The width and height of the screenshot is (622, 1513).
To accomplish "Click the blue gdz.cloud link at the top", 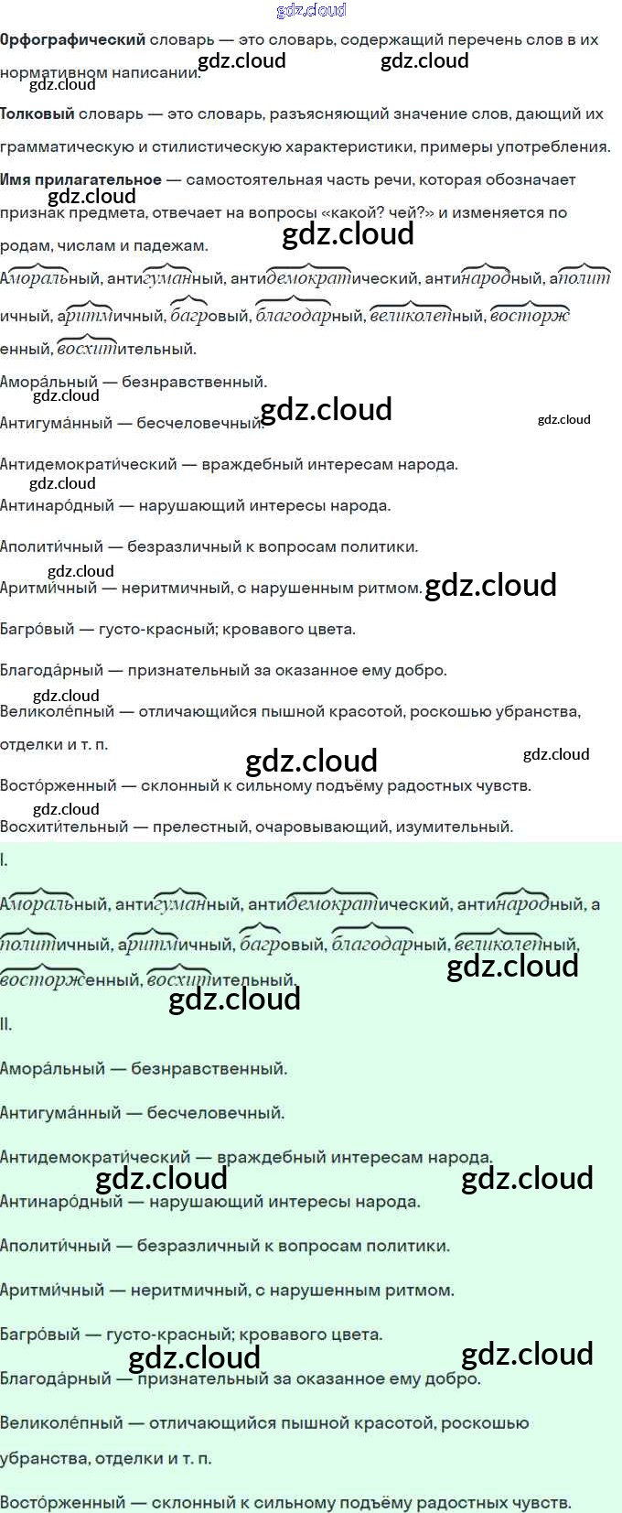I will pos(311,10).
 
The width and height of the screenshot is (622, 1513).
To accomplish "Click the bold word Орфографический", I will pos(72,39).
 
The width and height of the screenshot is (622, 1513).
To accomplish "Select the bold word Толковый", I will pos(37,114).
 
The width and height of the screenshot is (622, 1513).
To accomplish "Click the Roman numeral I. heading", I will pos(5,859).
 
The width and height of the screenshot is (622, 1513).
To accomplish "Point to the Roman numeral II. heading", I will pos(6,1024).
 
